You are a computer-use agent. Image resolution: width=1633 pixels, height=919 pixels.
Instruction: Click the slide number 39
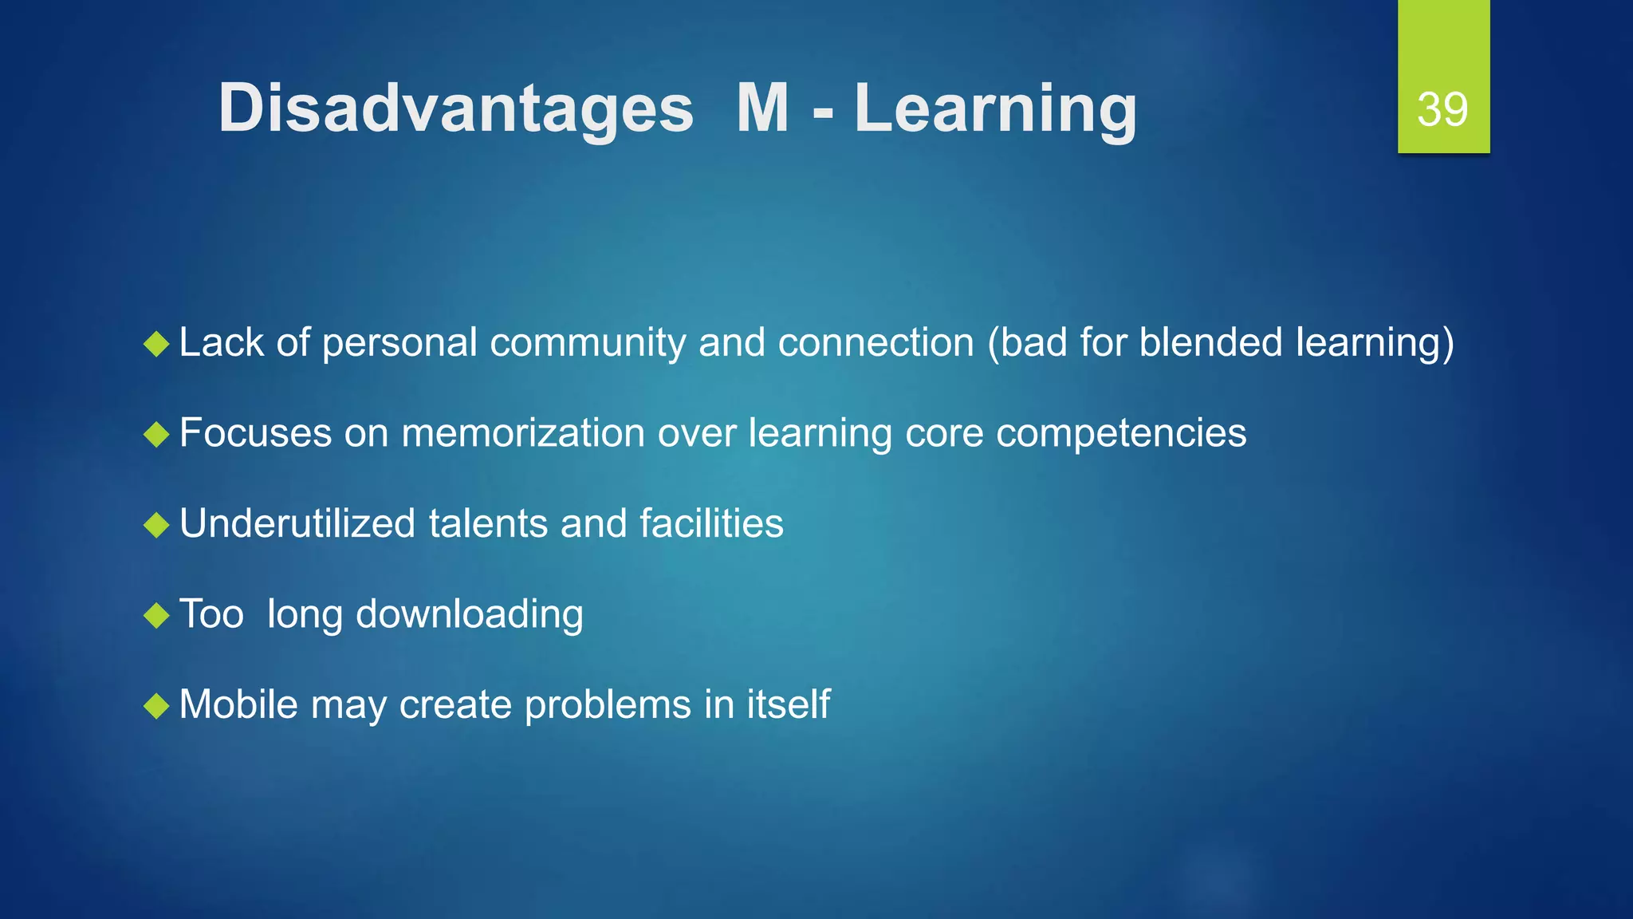coord(1442,109)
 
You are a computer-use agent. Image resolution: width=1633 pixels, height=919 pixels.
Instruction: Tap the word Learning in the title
coord(995,109)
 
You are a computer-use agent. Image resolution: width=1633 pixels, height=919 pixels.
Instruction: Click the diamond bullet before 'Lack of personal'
coord(157,345)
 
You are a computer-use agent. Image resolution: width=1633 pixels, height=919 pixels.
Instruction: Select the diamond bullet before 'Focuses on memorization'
coord(157,435)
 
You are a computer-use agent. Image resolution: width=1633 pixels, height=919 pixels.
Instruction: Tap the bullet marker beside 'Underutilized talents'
coord(157,526)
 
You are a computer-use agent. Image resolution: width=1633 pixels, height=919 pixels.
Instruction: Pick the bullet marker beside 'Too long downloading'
coord(157,616)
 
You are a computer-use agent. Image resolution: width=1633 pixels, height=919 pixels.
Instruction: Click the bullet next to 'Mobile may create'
coord(157,706)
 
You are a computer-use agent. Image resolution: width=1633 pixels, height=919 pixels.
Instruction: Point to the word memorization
coord(523,433)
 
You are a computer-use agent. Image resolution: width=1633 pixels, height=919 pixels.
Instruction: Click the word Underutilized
coord(297,524)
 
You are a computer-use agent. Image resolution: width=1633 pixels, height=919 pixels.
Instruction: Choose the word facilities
coord(711,524)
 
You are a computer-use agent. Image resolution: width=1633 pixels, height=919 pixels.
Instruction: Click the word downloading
coord(469,615)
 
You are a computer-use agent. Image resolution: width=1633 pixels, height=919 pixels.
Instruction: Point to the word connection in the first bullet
coord(876,343)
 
